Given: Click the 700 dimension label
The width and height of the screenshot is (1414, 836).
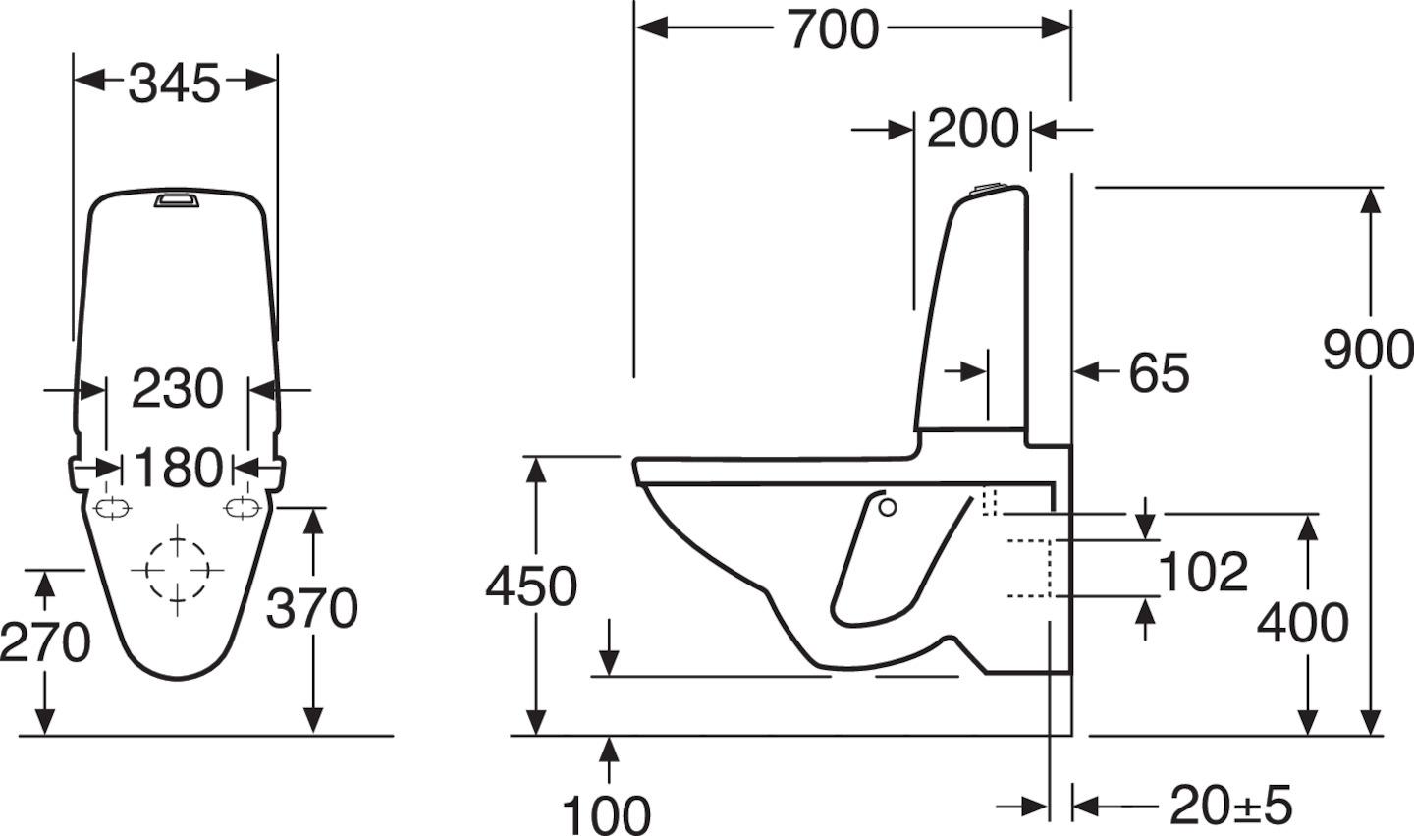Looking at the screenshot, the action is pyautogui.click(x=833, y=29).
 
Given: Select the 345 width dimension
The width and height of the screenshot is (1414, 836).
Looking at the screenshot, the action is pyautogui.click(x=175, y=84).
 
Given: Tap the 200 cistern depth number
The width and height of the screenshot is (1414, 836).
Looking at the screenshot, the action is pyautogui.click(x=973, y=130).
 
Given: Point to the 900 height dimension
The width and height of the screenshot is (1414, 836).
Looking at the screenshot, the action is pyautogui.click(x=1368, y=351).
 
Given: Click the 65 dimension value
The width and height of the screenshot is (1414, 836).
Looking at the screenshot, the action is pyautogui.click(x=1159, y=374).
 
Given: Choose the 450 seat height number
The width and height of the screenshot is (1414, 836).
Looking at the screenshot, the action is pyautogui.click(x=531, y=586).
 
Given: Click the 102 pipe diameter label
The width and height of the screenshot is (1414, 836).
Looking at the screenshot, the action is pyautogui.click(x=1204, y=572).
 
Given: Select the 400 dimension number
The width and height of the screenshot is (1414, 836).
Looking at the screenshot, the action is pyautogui.click(x=1303, y=623).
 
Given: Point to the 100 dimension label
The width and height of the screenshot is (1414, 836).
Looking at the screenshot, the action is pyautogui.click(x=606, y=815).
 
